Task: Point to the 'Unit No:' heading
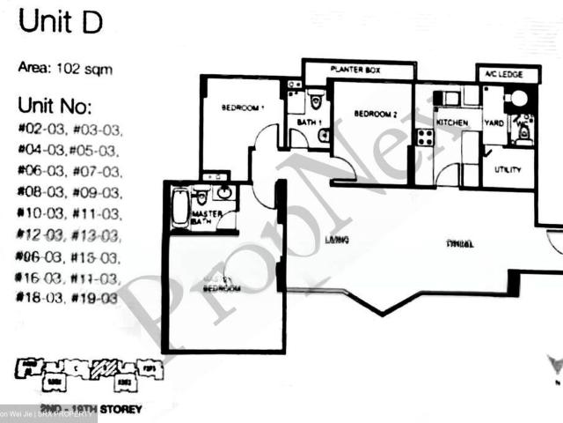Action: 54,107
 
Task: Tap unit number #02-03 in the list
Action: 36,130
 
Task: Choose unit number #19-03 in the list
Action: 96,299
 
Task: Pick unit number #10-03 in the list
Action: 36,214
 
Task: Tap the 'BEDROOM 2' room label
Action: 377,114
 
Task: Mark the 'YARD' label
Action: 494,124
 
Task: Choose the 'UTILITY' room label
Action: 508,168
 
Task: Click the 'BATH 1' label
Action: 303,122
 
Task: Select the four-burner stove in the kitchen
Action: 425,137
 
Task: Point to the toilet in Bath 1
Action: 316,99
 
